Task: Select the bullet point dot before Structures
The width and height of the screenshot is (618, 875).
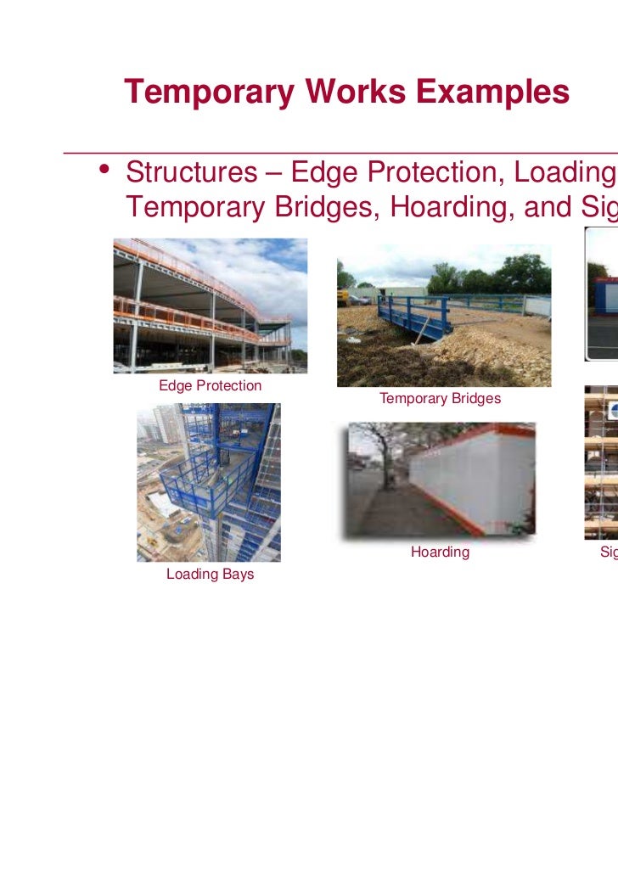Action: pyautogui.click(x=104, y=170)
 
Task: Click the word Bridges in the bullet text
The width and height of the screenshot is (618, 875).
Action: pyautogui.click(x=324, y=206)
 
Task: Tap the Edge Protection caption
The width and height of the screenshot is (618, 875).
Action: pyautogui.click(x=210, y=385)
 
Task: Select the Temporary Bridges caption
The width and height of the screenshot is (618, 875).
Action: pyautogui.click(x=440, y=398)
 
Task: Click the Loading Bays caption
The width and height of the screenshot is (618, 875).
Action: pyautogui.click(x=210, y=575)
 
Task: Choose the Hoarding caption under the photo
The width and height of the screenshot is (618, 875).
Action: pyautogui.click(x=440, y=552)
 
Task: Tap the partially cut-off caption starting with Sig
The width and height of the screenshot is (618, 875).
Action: pyautogui.click(x=609, y=552)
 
